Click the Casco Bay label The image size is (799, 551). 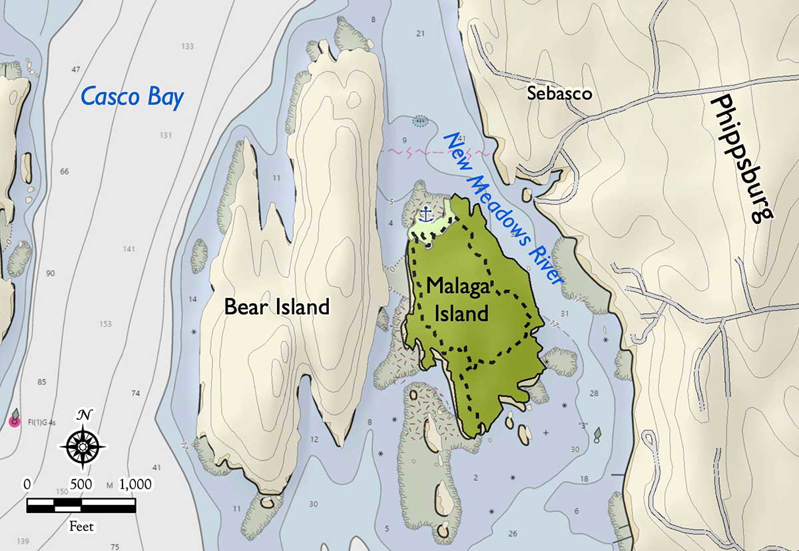[x=131, y=97]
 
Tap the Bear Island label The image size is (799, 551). [x=277, y=307]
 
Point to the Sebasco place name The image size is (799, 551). [x=559, y=93]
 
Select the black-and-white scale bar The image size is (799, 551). [x=81, y=506]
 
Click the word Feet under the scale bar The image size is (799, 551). [x=82, y=527]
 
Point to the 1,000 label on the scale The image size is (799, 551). [x=135, y=484]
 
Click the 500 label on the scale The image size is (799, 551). [x=81, y=484]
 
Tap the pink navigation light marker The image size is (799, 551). [x=13, y=421]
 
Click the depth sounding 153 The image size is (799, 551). [x=105, y=324]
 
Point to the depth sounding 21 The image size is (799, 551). [x=419, y=33]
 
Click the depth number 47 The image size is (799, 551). [x=75, y=69]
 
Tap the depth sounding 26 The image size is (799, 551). [x=512, y=533]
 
